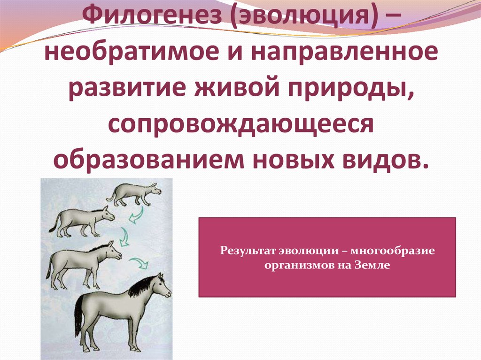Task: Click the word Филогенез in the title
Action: point(153,15)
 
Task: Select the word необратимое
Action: point(132,53)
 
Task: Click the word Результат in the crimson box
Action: point(248,251)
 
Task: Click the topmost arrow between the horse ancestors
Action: point(136,214)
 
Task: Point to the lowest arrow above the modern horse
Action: point(139,263)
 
